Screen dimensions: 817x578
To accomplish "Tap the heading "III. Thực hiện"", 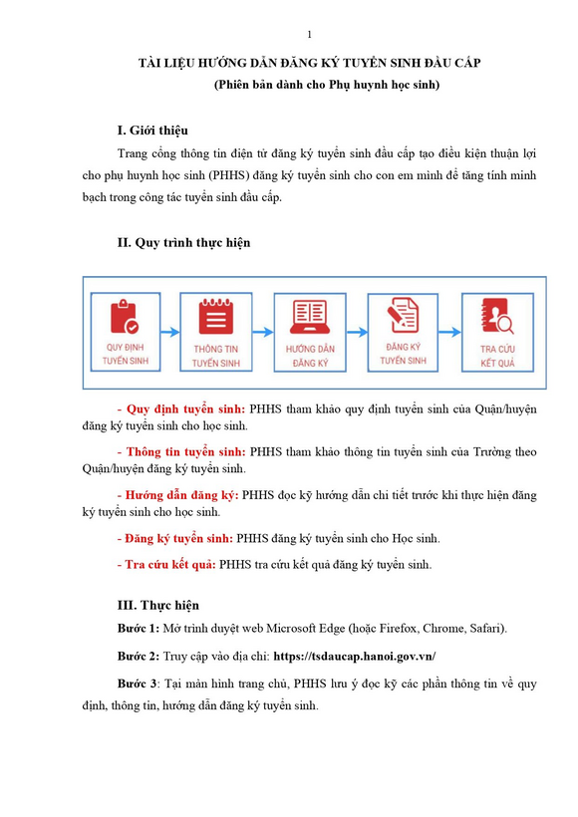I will click(157, 605).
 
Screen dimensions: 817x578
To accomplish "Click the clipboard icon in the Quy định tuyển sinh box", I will click(125, 317).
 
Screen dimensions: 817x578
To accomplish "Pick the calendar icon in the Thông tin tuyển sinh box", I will click(215, 317).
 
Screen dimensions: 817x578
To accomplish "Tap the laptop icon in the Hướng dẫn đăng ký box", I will click(308, 315).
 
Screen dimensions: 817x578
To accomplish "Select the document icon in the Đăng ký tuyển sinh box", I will click(403, 315).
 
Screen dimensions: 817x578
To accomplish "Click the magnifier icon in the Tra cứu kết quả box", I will click(495, 317).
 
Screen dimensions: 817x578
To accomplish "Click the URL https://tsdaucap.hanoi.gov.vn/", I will click(354, 657).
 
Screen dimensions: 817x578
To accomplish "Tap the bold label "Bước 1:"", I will click(139, 629).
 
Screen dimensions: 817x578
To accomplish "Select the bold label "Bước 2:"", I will click(139, 657).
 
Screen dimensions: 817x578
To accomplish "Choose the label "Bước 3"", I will click(138, 684).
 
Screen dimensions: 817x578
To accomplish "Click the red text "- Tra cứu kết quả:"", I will click(165, 565).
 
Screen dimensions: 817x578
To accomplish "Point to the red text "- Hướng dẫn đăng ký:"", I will click(177, 494).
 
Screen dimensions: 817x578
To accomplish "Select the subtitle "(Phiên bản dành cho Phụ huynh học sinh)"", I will click(326, 85).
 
